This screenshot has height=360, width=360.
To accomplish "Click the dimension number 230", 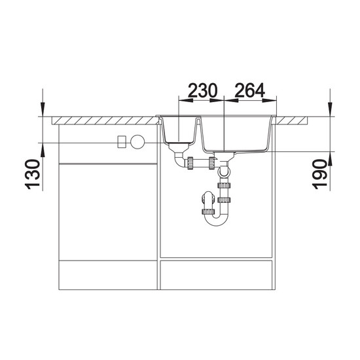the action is click(x=202, y=90).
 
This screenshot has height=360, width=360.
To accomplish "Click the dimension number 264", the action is click(x=250, y=90).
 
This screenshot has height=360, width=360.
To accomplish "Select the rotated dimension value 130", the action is click(x=32, y=174).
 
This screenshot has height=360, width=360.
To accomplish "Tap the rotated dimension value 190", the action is click(x=320, y=174).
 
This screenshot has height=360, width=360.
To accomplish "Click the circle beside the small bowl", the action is click(x=137, y=141).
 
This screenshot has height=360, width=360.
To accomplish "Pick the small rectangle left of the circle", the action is click(x=122, y=141).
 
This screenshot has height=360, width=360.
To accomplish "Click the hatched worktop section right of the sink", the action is click(x=291, y=120).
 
